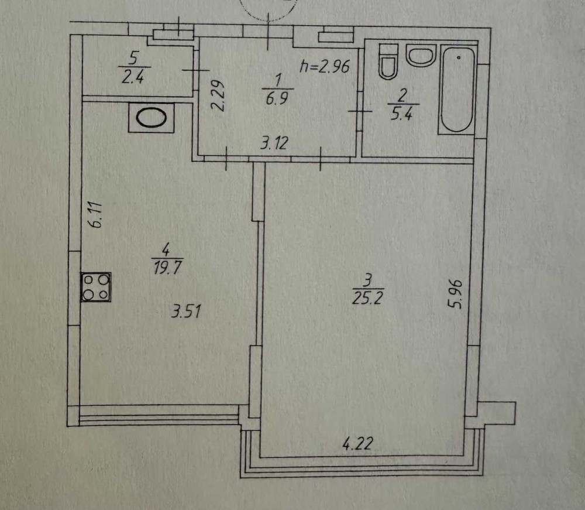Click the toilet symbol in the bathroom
pyautogui.click(x=388, y=61)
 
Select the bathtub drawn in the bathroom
pyautogui.click(x=457, y=89)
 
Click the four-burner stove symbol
pyautogui.click(x=96, y=287)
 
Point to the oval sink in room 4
pyautogui.click(x=151, y=118)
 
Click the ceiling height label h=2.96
pyautogui.click(x=325, y=66)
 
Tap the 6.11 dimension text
pyautogui.click(x=95, y=215)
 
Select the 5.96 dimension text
pyautogui.click(x=456, y=294)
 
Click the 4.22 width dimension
pyautogui.click(x=357, y=444)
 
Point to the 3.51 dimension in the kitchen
pyautogui.click(x=186, y=311)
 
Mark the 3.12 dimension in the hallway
pyautogui.click(x=274, y=143)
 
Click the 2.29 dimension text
pyautogui.click(x=217, y=96)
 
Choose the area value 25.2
pyautogui.click(x=367, y=298)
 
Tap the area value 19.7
pyautogui.click(x=167, y=268)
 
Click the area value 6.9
pyautogui.click(x=277, y=99)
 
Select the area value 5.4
pyautogui.click(x=401, y=114)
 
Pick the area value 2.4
pyautogui.click(x=133, y=77)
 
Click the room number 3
pyautogui.click(x=368, y=279)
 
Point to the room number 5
pyautogui.click(x=133, y=59)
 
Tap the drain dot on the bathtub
pyautogui.click(x=459, y=57)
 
